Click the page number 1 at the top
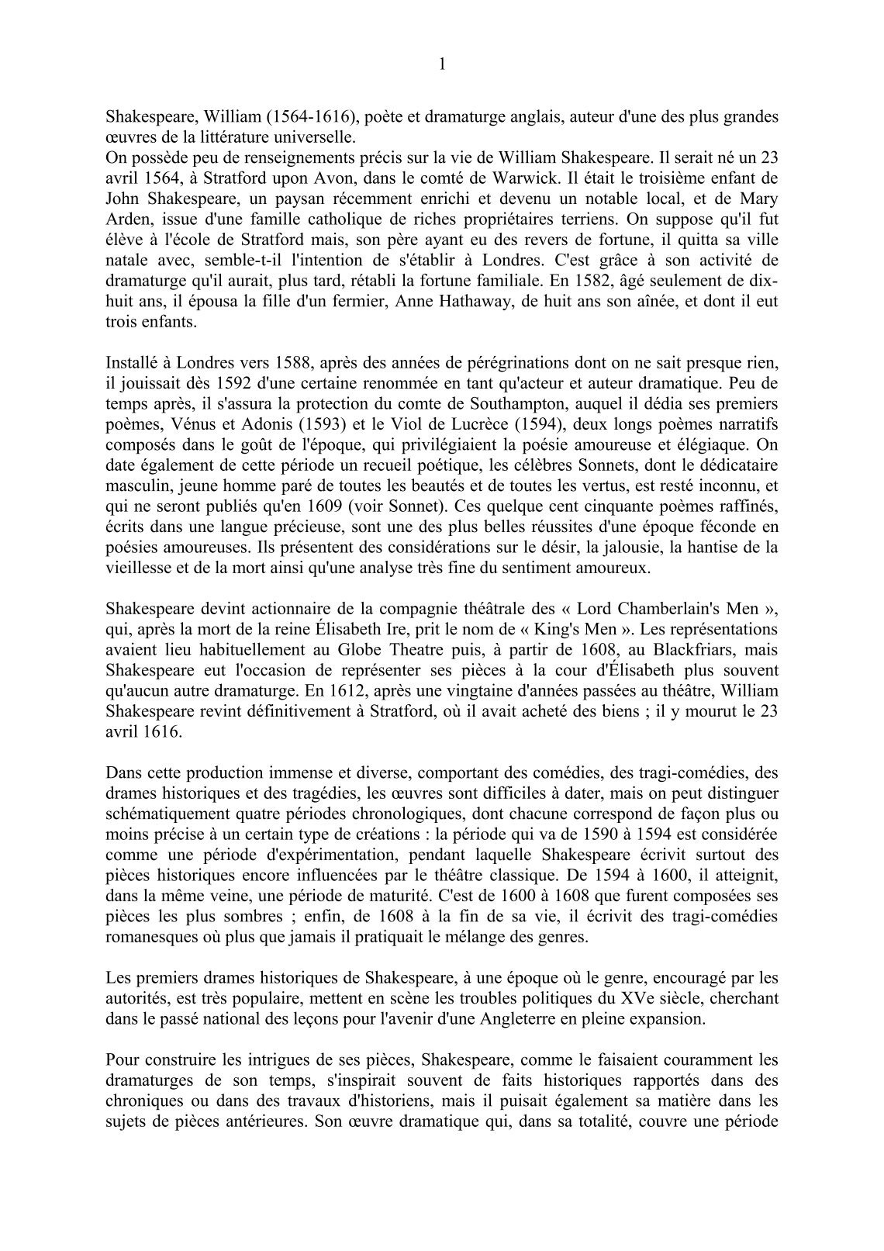(x=442, y=65)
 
